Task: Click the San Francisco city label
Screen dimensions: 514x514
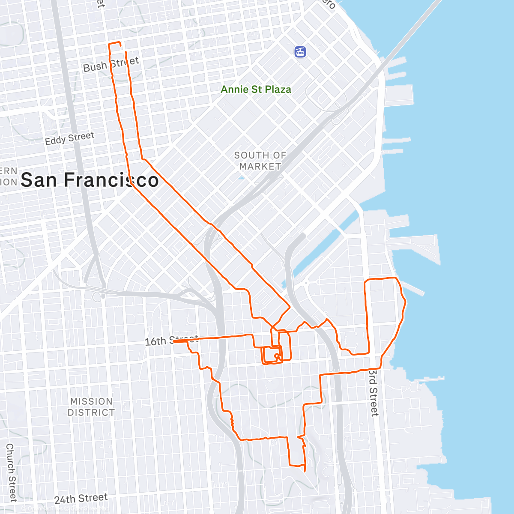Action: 90,180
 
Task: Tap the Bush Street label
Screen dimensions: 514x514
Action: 111,64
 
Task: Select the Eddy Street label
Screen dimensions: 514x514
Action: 69,138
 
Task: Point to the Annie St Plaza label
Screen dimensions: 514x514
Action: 256,90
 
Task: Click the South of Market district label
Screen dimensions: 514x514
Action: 260,161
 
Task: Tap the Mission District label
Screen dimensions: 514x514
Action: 91,407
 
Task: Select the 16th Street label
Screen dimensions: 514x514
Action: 171,341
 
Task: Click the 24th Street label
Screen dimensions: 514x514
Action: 81,499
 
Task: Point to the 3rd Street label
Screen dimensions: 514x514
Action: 374,392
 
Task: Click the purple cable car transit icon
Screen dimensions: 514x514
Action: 301,52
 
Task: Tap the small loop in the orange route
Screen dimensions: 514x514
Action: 277,356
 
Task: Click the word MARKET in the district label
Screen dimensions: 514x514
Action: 260,166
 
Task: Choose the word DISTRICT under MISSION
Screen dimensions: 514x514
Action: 91,412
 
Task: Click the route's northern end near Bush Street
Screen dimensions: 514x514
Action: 126,52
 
